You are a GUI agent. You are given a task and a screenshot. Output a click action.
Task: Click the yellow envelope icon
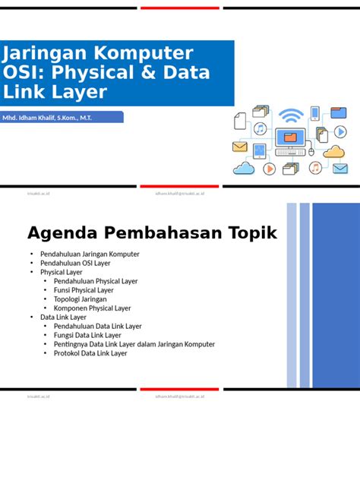point(240,147)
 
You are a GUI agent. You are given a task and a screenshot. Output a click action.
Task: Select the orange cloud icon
point(334,151)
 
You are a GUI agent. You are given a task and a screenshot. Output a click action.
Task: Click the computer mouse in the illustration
point(311,151)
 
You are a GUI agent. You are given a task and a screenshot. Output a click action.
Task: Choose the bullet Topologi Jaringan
point(80,299)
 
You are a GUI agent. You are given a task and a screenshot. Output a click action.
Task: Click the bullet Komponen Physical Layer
point(92,308)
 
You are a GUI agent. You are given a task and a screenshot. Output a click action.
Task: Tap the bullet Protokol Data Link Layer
point(90,353)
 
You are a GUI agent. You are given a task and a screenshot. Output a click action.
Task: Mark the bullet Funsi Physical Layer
point(84,290)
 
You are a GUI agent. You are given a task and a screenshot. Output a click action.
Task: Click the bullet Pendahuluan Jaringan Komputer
point(90,254)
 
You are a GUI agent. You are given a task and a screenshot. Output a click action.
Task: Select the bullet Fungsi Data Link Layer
point(87,335)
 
